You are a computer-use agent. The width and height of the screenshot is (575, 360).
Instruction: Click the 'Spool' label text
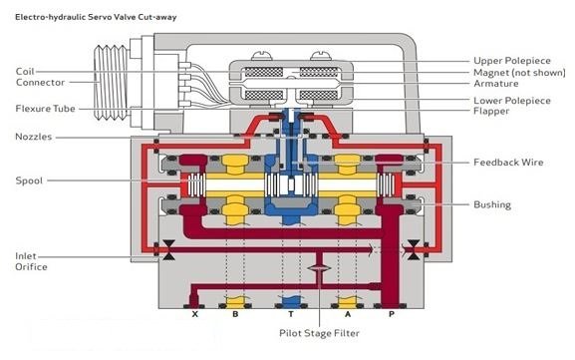tap(29, 180)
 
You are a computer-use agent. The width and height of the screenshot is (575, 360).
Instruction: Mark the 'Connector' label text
tap(38, 83)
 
